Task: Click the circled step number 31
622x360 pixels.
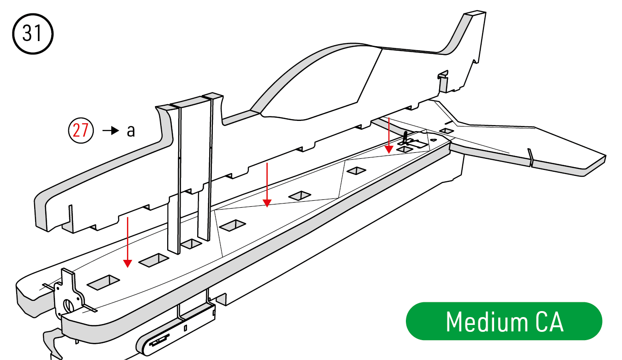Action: tap(33, 34)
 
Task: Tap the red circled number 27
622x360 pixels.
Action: tap(81, 130)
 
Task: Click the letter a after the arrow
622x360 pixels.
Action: tap(131, 131)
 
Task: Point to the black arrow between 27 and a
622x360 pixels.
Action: tap(111, 131)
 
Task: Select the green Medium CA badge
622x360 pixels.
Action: tap(504, 321)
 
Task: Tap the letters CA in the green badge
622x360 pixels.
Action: tap(550, 322)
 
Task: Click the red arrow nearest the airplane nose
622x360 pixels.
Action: tap(127, 242)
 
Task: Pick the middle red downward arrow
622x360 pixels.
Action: tap(267, 185)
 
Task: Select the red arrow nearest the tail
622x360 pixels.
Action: tap(389, 135)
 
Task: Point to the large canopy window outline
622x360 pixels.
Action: tap(320, 83)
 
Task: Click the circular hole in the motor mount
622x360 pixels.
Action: tap(68, 306)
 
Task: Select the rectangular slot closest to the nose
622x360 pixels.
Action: tap(103, 282)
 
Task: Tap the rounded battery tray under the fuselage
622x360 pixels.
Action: tap(175, 330)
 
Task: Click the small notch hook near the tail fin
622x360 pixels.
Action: tap(443, 75)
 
